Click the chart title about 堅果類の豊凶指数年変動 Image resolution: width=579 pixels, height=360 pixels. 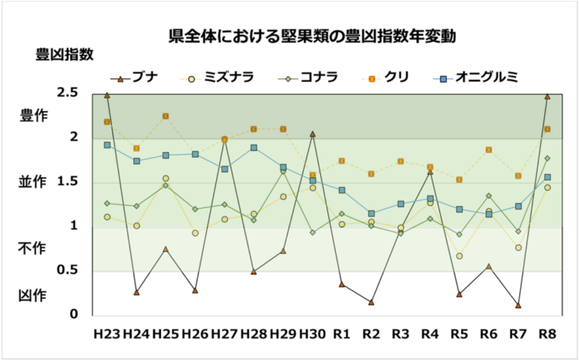pyautogui.click(x=312, y=36)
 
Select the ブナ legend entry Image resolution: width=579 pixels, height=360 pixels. pyautogui.click(x=135, y=78)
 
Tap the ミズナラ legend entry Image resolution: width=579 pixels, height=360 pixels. pyautogui.click(x=218, y=78)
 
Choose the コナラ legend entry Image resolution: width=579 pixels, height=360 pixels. pyautogui.click(x=308, y=78)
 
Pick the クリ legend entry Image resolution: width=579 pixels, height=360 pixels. pyautogui.click(x=385, y=78)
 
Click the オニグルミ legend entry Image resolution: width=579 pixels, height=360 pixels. pyautogui.click(x=476, y=78)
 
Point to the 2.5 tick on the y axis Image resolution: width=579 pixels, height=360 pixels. pyautogui.click(x=68, y=92)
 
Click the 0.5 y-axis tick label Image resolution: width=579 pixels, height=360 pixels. pyautogui.click(x=68, y=270)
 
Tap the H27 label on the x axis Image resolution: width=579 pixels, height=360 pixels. pyautogui.click(x=224, y=334)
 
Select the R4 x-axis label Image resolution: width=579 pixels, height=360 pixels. pyautogui.click(x=430, y=334)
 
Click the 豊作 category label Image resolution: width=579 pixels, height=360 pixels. pyautogui.click(x=34, y=116)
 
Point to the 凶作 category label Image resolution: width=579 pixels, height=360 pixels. pyautogui.click(x=33, y=296)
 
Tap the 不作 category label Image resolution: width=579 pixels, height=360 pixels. pyautogui.click(x=32, y=248)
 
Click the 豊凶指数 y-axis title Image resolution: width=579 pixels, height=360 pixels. pyautogui.click(x=65, y=55)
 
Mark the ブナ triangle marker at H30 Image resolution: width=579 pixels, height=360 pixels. pyautogui.click(x=312, y=133)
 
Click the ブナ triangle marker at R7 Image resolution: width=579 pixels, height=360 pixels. pyautogui.click(x=518, y=305)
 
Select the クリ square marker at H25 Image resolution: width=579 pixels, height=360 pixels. pyautogui.click(x=166, y=116)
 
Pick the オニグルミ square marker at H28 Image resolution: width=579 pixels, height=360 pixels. pyautogui.click(x=254, y=148)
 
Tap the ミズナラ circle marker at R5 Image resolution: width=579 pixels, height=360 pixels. pyautogui.click(x=459, y=256)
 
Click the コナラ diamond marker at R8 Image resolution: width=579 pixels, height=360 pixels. pyautogui.click(x=547, y=158)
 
